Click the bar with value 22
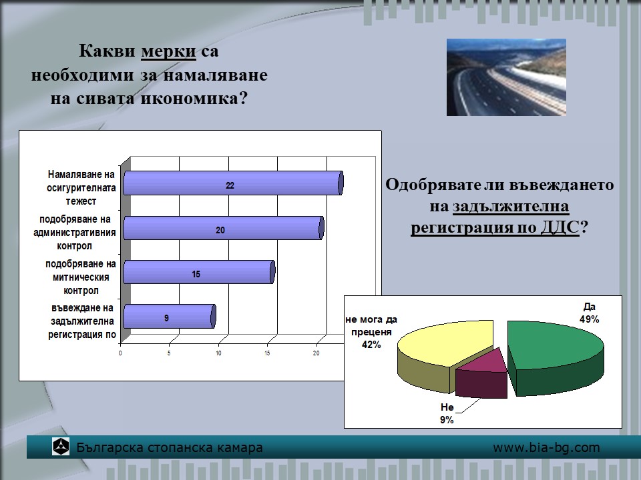233,183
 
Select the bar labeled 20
224,228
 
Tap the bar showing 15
199,272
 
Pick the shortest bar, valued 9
169,316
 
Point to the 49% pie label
589,319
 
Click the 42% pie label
371,345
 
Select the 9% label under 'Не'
447,420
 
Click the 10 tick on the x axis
219,353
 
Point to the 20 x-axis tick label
316,353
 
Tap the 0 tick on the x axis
120,353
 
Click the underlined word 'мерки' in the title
168,51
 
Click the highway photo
506,77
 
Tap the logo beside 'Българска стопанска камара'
61,446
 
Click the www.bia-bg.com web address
546,448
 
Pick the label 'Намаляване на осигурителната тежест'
81,188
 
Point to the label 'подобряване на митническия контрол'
81,277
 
